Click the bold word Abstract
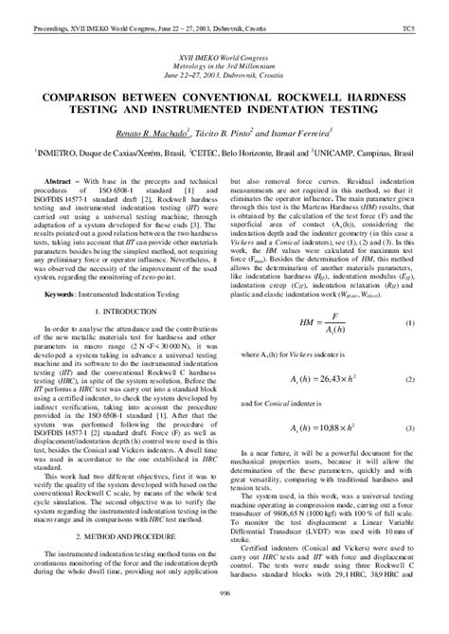[x=63, y=178]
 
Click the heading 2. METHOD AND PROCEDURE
[x=119, y=534]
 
